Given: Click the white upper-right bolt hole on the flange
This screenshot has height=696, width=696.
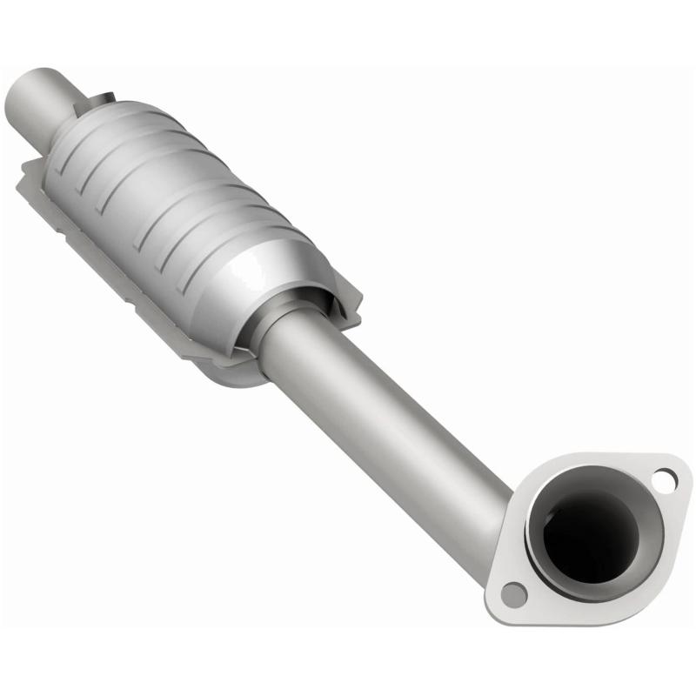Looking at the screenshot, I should (664, 477).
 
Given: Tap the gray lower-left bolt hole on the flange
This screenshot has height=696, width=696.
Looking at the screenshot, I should (514, 594).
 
